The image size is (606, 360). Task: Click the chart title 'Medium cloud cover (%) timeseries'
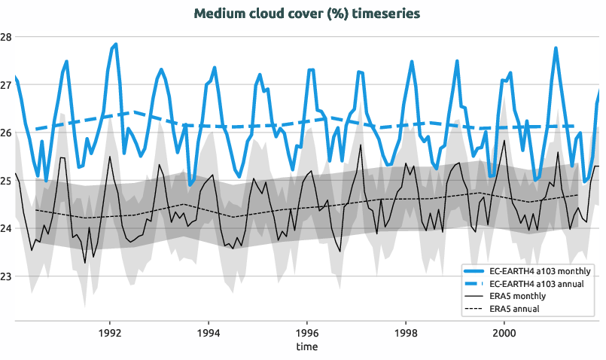[306, 14]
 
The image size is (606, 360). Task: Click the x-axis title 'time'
[306, 347]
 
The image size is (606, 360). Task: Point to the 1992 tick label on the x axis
[111, 332]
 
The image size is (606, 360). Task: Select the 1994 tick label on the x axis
[209, 332]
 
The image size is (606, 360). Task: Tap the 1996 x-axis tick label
[307, 332]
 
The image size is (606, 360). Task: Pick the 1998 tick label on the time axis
[406, 332]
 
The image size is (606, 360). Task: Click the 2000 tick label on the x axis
[504, 332]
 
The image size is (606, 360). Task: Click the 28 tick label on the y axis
[6, 37]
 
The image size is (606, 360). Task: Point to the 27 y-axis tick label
[6, 85]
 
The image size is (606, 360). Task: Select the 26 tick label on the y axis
[6, 133]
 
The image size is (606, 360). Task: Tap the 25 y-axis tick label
[6, 181]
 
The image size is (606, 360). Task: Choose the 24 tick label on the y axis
[6, 229]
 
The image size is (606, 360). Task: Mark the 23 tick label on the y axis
[6, 276]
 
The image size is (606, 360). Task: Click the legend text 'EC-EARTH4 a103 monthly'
[540, 270]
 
